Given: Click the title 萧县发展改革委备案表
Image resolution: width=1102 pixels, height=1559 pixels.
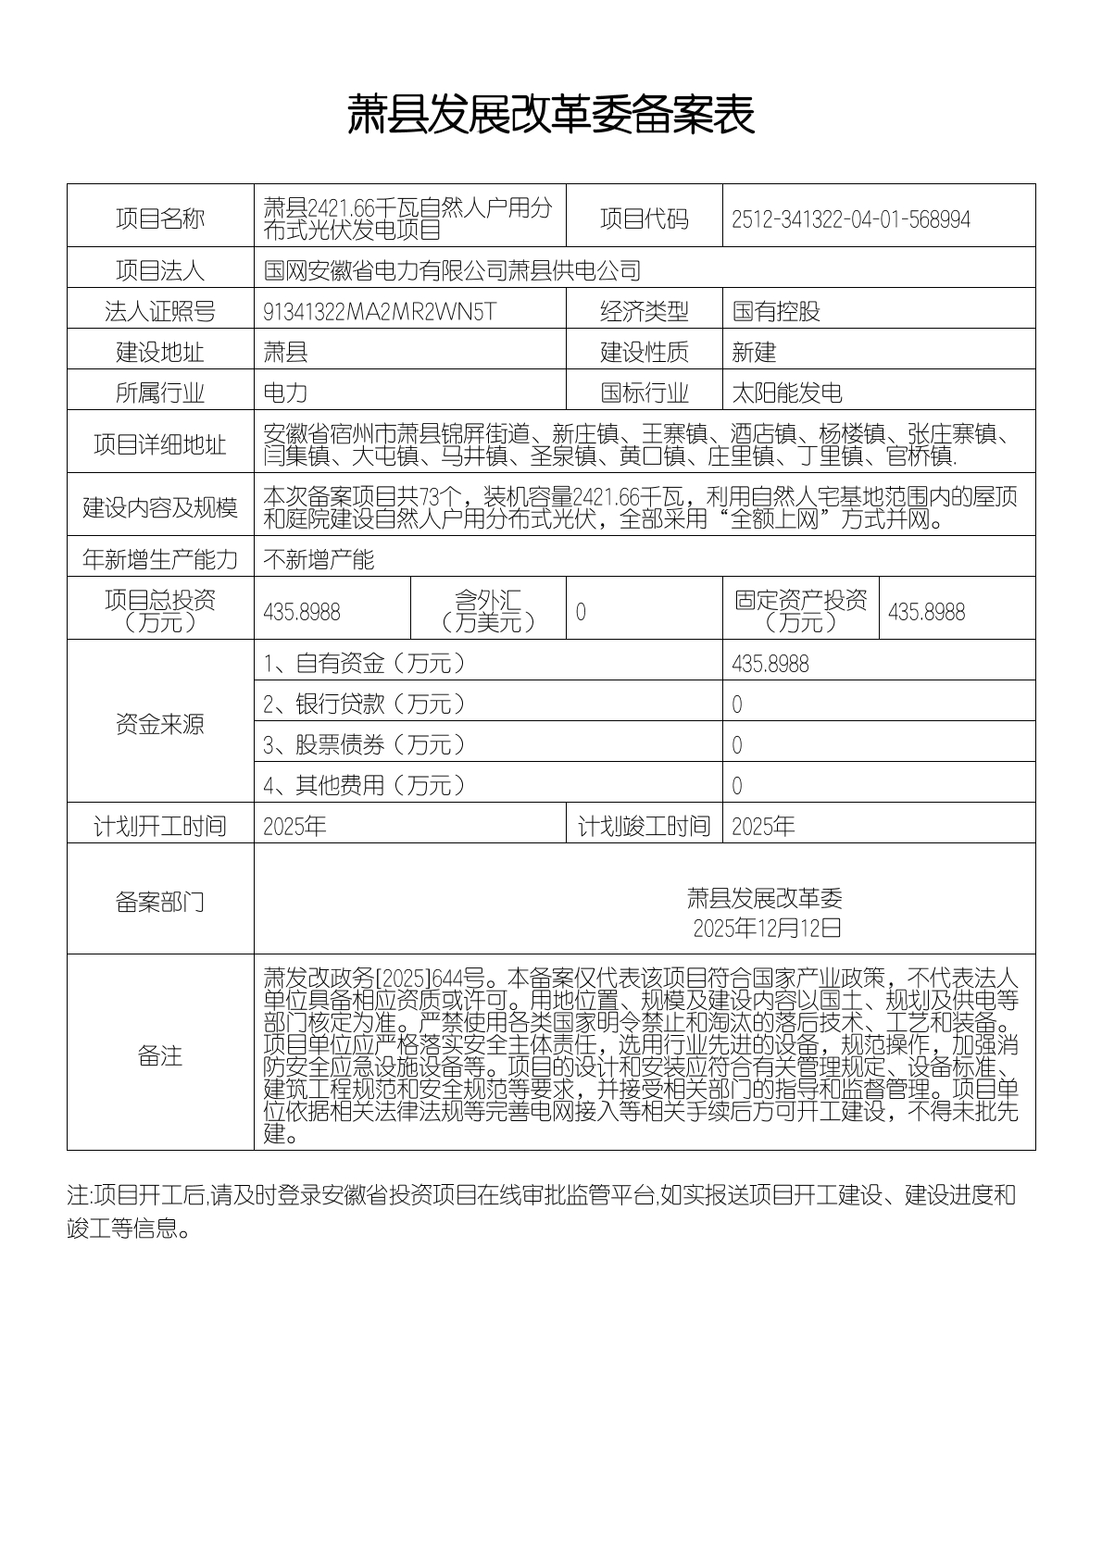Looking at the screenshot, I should pyautogui.click(x=551, y=115).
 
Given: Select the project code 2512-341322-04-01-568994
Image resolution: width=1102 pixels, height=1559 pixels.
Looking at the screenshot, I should pyautogui.click(x=850, y=219).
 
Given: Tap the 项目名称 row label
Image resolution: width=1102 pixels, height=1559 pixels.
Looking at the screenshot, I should pyautogui.click(x=160, y=218).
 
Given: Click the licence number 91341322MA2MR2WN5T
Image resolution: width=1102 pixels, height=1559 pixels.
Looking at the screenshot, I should pyautogui.click(x=380, y=311).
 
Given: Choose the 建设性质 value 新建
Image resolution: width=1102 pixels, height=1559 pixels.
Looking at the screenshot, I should pyautogui.click(x=754, y=352).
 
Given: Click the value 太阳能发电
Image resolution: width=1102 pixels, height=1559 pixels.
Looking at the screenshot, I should pyautogui.click(x=787, y=393).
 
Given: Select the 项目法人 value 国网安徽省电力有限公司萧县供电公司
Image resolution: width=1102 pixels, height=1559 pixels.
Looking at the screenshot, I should pyautogui.click(x=452, y=270).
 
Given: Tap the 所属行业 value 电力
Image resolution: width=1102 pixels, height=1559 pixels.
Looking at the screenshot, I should pyautogui.click(x=285, y=393).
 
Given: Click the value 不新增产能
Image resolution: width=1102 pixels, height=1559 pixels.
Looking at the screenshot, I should pyautogui.click(x=319, y=559).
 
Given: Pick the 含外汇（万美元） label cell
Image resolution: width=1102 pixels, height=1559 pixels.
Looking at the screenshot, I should pyautogui.click(x=488, y=610).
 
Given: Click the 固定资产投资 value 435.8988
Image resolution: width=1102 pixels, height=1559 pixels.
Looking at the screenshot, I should pyautogui.click(x=926, y=612).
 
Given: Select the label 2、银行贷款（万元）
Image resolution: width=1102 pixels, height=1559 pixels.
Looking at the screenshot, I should pyautogui.click(x=365, y=704).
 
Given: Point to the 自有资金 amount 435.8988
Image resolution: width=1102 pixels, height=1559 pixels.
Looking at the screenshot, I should pyautogui.click(x=770, y=664).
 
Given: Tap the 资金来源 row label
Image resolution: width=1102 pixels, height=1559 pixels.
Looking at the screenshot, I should pyautogui.click(x=160, y=724).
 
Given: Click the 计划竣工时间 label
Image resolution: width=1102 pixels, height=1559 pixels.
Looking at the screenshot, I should pyautogui.click(x=644, y=826).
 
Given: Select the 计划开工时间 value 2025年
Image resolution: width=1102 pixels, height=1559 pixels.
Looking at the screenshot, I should pyautogui.click(x=294, y=826).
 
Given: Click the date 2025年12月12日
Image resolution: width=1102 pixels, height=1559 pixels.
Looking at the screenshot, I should pyautogui.click(x=767, y=927).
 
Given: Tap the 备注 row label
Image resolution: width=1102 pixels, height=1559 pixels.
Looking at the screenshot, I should pyautogui.click(x=160, y=1055).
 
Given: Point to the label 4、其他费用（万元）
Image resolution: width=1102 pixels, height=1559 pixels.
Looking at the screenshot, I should pyautogui.click(x=365, y=785).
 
